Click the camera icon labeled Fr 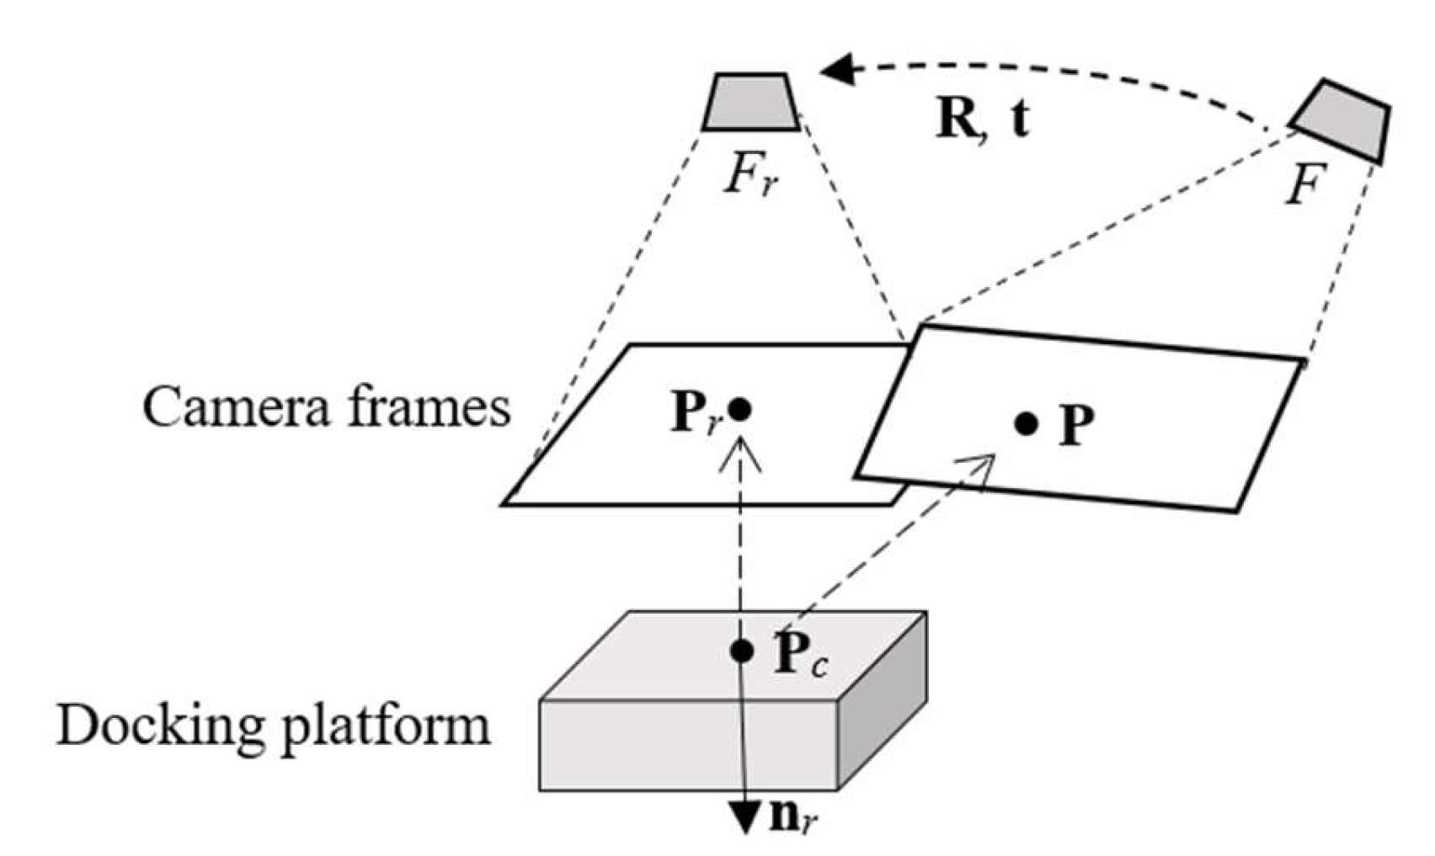pyautogui.click(x=750, y=103)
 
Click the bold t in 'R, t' pyautogui.click(x=1020, y=120)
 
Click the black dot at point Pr pyautogui.click(x=739, y=410)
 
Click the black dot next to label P pyautogui.click(x=1025, y=423)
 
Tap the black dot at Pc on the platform pyautogui.click(x=741, y=650)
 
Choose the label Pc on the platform pyautogui.click(x=798, y=655)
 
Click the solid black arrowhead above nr pyautogui.click(x=745, y=817)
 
